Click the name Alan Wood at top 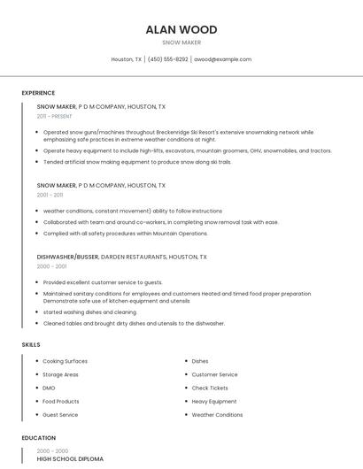click(181, 29)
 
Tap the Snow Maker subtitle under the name click(181, 42)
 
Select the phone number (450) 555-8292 click(167, 59)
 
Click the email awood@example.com click(222, 59)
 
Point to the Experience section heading click(38, 93)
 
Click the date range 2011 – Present click(54, 116)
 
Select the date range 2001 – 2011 click(50, 195)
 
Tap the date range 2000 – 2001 click(51, 265)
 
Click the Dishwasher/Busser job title click(67, 257)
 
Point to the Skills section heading click(31, 344)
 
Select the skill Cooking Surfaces click(65, 361)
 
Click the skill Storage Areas click(60, 374)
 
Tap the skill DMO click(49, 388)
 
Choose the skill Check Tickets click(210, 388)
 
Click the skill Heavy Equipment click(214, 401)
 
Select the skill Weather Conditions click(217, 414)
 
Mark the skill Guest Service click(60, 414)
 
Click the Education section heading click(38, 438)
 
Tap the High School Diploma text click(70, 459)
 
